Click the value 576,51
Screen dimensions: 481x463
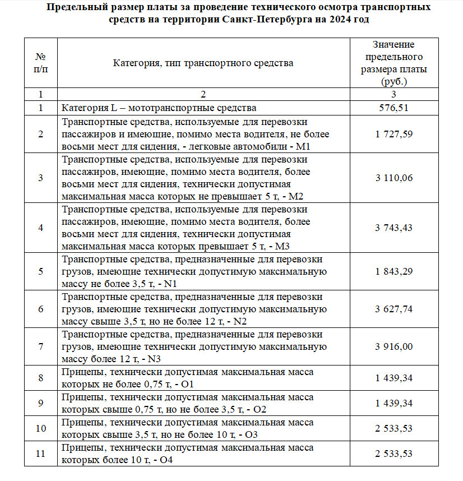(x=393, y=108)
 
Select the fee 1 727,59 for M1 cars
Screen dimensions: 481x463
(x=393, y=134)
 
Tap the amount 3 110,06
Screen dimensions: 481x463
(x=393, y=178)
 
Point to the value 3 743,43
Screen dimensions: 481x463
(x=393, y=227)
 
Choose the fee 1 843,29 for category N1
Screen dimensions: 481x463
(x=393, y=271)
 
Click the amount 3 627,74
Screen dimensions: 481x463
(x=393, y=309)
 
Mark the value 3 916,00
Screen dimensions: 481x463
(x=393, y=346)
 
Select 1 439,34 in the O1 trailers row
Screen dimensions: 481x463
(x=393, y=378)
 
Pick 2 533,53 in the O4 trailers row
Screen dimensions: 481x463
(x=393, y=454)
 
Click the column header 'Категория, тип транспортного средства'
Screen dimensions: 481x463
(x=203, y=63)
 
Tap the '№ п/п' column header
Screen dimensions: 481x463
(x=40, y=63)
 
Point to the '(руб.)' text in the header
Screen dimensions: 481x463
(x=393, y=81)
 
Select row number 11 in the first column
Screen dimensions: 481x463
(x=40, y=454)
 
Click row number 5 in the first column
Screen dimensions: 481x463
(x=40, y=271)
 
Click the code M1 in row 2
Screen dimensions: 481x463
(x=303, y=146)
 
